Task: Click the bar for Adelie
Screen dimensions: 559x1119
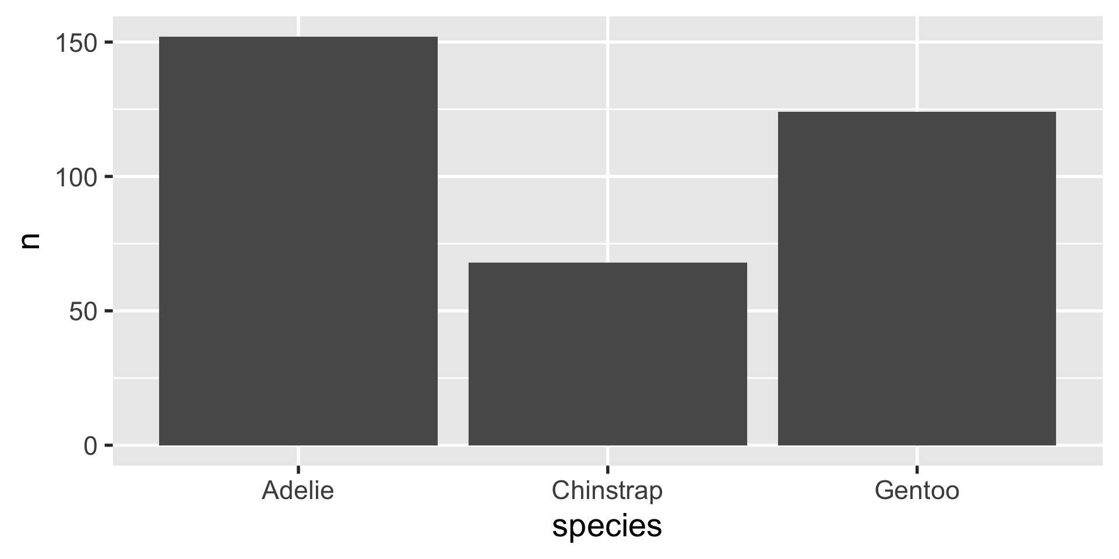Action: pyautogui.click(x=298, y=241)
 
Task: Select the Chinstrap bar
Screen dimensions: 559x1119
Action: pyautogui.click(x=607, y=354)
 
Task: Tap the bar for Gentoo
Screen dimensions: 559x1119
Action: pyautogui.click(x=917, y=278)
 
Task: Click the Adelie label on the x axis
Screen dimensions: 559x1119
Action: pyautogui.click(x=298, y=490)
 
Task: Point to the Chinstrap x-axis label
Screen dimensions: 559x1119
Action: pyautogui.click(x=607, y=490)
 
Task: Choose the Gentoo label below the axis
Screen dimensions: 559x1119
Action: pyautogui.click(x=917, y=490)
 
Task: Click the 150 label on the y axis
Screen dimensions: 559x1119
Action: pyautogui.click(x=75, y=43)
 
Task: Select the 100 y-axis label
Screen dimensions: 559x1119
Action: pyautogui.click(x=75, y=177)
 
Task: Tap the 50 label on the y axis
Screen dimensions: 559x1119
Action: pyautogui.click(x=83, y=312)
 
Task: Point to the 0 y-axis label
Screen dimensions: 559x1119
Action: pyautogui.click(x=90, y=446)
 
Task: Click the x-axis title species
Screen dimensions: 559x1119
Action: pyautogui.click(x=607, y=526)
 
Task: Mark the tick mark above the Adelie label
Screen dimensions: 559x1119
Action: pyautogui.click(x=298, y=469)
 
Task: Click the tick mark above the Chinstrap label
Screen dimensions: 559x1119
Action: pyautogui.click(x=607, y=469)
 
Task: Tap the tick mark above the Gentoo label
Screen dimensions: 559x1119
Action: pyautogui.click(x=917, y=469)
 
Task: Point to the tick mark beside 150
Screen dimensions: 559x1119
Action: pyautogui.click(x=108, y=43)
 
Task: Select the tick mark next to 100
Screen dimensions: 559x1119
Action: pyautogui.click(x=108, y=177)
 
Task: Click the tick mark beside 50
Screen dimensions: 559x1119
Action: pyautogui.click(x=108, y=312)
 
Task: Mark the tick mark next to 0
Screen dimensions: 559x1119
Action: pyautogui.click(x=108, y=446)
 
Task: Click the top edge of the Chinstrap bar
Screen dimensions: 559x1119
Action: pyautogui.click(x=607, y=263)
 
